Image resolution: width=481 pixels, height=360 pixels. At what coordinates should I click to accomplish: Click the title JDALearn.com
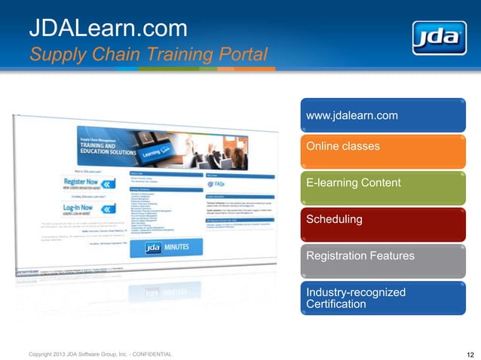point(108,29)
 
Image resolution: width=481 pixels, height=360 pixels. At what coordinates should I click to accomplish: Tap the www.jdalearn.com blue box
point(383,115)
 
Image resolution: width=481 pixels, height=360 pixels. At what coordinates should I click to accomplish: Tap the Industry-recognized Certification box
point(383,297)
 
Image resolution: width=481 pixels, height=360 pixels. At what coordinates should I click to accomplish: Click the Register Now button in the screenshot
point(88,185)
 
